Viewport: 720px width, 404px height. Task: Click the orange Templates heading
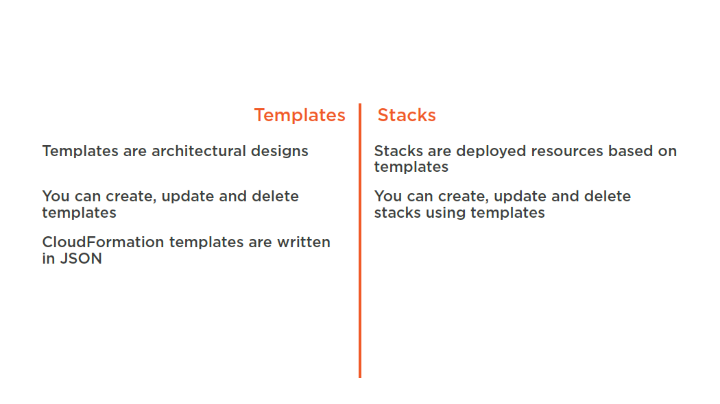[x=300, y=115]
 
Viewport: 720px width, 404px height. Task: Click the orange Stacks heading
[x=407, y=115]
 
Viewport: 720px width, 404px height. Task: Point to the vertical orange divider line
[x=360, y=241]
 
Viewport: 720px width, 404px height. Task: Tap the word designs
[x=279, y=151]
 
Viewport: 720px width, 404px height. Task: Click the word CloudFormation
[x=103, y=242]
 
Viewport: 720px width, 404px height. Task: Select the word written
[x=304, y=242]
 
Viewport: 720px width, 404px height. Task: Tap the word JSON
[x=81, y=258]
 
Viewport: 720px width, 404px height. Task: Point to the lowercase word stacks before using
[x=397, y=212]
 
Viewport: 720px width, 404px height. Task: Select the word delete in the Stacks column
[x=607, y=196]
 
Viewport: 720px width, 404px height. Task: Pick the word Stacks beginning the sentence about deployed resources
[x=398, y=151]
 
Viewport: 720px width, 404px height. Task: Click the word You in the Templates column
[x=56, y=196]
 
